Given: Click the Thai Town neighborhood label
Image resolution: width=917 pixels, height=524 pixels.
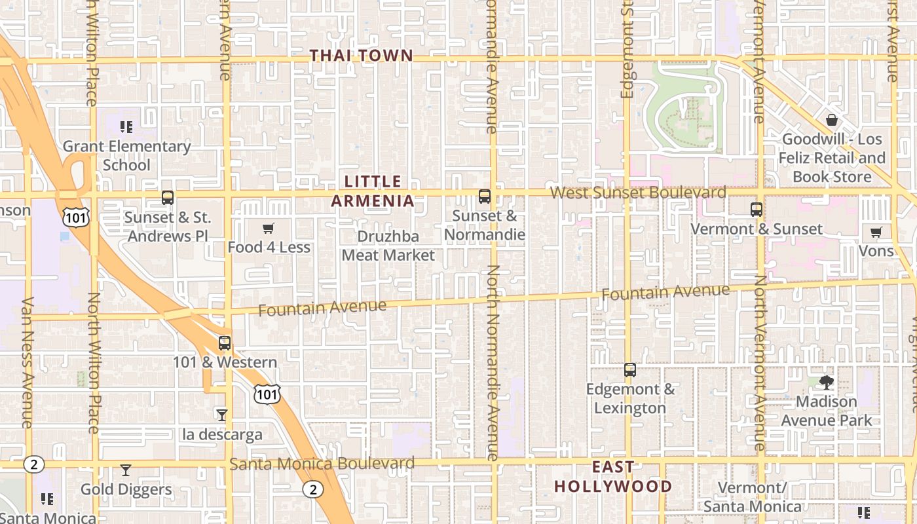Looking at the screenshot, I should (x=362, y=56).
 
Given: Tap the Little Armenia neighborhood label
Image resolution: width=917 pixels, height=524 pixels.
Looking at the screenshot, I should (x=373, y=191).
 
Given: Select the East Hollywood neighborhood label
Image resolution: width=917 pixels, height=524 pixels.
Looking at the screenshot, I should (x=613, y=477).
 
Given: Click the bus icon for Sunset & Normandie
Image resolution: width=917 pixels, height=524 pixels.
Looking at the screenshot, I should (x=485, y=196).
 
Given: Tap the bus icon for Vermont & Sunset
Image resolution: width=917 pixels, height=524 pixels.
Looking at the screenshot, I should (x=757, y=210).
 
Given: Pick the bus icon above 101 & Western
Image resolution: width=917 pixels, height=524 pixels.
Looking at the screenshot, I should (x=225, y=343).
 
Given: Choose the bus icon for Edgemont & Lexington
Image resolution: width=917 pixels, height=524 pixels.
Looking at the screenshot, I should (x=630, y=370).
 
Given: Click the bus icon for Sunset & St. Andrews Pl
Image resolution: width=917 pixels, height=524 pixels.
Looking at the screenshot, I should (x=168, y=197).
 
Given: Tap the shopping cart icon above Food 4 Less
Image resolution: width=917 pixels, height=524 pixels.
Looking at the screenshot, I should (x=268, y=229).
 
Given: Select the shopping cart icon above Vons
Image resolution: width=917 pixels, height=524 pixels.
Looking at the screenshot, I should (x=876, y=232).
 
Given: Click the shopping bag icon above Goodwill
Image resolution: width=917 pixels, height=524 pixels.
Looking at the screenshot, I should (x=832, y=120).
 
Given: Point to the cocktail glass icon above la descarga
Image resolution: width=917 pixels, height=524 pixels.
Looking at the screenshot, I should (x=222, y=415).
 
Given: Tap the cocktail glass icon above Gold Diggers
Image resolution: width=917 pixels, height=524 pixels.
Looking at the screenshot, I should (x=126, y=470).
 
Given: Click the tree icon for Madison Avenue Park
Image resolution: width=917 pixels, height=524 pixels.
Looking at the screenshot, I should (x=827, y=382).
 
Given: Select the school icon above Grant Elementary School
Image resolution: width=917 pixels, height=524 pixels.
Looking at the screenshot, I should (x=126, y=126).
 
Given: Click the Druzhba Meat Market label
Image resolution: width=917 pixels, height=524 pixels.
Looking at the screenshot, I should (x=388, y=246).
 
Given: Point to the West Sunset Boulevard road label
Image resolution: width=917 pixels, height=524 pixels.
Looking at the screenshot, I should (x=638, y=193).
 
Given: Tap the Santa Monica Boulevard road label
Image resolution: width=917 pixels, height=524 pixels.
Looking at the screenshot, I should (x=322, y=464).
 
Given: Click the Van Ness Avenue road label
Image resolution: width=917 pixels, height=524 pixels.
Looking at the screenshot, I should (x=28, y=362).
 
